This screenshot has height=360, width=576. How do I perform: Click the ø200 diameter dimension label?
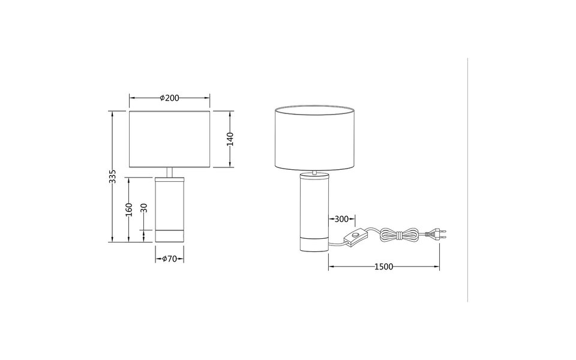click(x=170, y=98)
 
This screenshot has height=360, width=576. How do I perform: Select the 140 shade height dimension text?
click(x=230, y=139)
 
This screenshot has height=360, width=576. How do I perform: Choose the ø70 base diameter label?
click(x=170, y=259)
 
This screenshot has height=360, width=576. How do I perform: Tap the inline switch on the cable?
click(x=358, y=237)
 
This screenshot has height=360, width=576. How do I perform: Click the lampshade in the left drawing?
click(x=170, y=139)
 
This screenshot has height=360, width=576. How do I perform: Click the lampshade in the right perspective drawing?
click(x=314, y=138)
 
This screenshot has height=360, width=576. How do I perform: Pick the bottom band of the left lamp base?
click(x=170, y=235)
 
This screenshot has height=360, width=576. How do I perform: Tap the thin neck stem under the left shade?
click(x=170, y=172)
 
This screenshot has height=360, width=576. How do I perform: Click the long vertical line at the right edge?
click(x=467, y=180)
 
